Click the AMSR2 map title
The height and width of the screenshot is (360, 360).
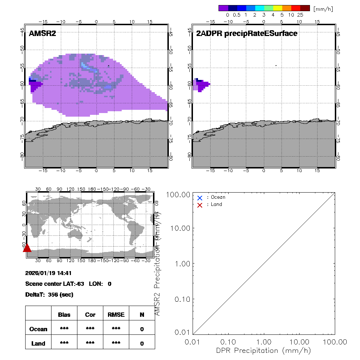(42, 33)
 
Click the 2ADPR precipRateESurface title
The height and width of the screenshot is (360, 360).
(247, 33)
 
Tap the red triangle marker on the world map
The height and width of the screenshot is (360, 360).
(27, 248)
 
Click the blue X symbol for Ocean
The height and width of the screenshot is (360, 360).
(200, 198)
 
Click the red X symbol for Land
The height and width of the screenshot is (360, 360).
(200, 205)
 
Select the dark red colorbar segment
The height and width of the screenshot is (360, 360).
(305, 8)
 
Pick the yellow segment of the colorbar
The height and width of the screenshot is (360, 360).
(278, 8)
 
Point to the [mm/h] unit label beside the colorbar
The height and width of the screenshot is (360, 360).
(323, 9)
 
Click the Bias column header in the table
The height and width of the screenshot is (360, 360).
(64, 315)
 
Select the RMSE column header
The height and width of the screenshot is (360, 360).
(116, 315)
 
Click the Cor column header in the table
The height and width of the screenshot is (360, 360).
(90, 315)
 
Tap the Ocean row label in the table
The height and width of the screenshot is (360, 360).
(39, 329)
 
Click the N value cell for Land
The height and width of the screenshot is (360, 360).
(142, 343)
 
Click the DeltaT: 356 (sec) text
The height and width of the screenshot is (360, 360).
(49, 294)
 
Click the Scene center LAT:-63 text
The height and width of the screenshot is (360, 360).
(55, 284)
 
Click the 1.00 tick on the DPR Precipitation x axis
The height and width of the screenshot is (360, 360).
(264, 341)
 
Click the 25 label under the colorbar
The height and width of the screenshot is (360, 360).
(300, 15)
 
